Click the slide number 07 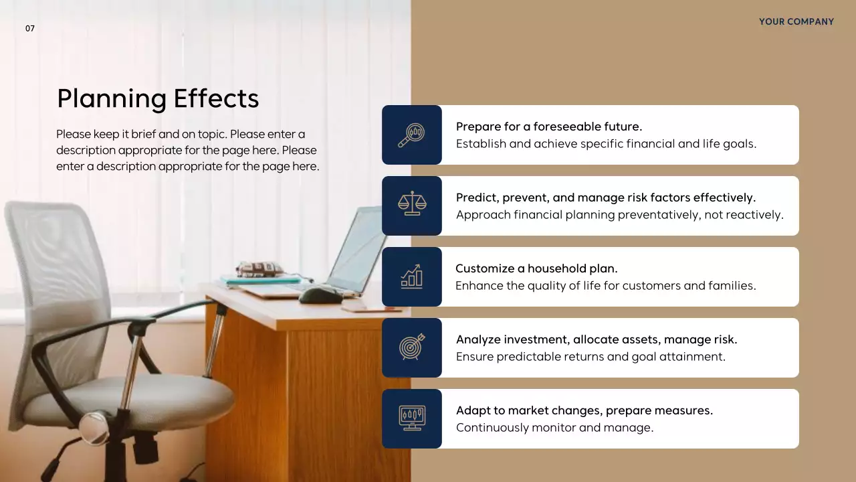point(30,29)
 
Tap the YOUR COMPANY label point(796,21)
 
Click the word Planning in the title point(111,98)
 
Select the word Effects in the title point(216,98)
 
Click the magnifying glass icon point(411,135)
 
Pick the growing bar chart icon point(411,276)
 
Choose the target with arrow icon point(411,347)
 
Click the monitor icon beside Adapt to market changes point(411,418)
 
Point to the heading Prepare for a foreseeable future point(548,127)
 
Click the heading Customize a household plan point(536,268)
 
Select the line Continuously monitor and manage point(554,428)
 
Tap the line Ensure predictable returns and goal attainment point(591,357)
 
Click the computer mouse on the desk point(320,295)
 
